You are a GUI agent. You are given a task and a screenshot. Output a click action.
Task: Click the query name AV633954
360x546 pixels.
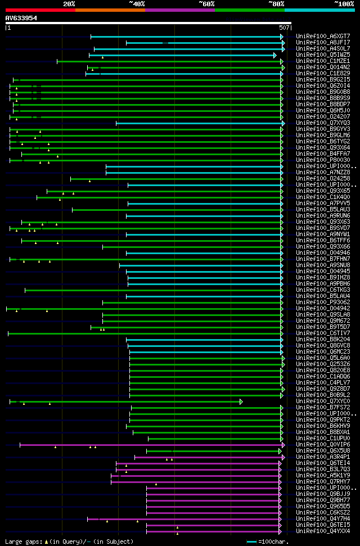click(21, 18)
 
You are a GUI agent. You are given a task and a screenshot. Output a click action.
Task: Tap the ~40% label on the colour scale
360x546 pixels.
click(137, 3)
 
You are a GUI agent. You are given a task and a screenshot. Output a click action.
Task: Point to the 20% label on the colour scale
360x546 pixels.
click(69, 3)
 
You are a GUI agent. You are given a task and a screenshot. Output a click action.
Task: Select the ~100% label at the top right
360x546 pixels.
click(344, 3)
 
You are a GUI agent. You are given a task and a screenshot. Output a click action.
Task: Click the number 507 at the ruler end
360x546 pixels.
click(284, 27)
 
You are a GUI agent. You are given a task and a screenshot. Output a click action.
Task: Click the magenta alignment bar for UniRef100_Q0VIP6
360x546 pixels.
click(152, 445)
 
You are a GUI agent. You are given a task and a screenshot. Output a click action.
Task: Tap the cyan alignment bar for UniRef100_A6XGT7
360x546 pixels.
click(186, 37)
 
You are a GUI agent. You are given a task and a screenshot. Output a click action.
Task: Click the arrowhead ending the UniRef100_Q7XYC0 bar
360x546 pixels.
click(241, 401)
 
